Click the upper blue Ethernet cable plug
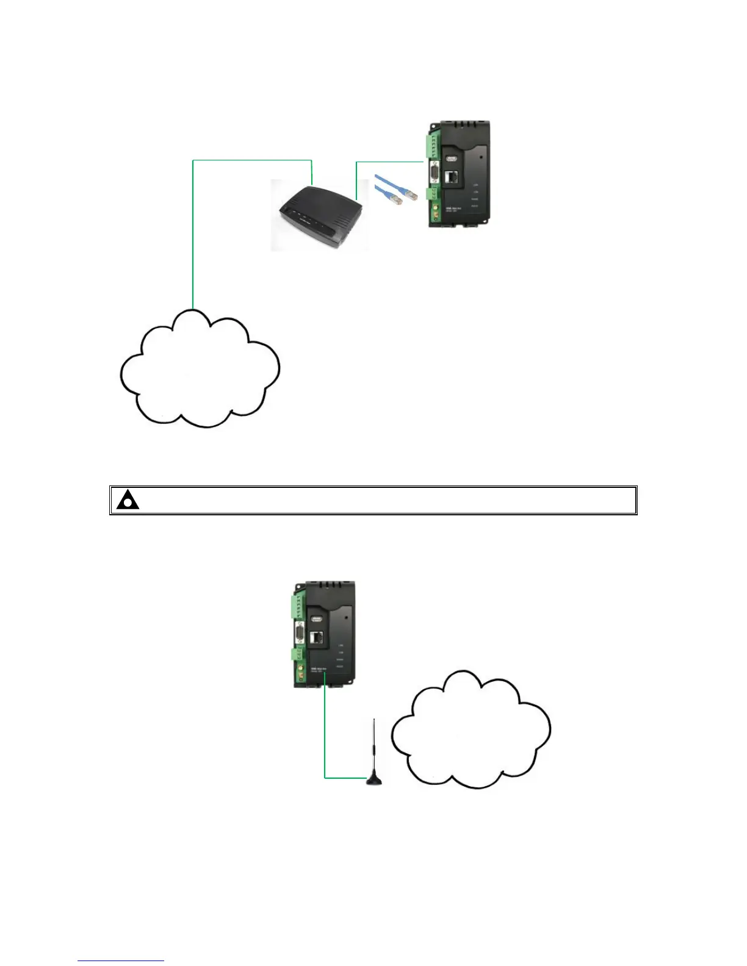tap(413, 195)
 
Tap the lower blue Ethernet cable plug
tap(397, 200)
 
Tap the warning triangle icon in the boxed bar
tap(128, 500)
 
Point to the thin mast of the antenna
tap(374, 744)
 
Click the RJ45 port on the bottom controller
tap(318, 638)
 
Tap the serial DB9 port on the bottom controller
tap(300, 634)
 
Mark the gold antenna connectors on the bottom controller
tap(301, 674)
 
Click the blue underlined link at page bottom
tap(121, 961)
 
